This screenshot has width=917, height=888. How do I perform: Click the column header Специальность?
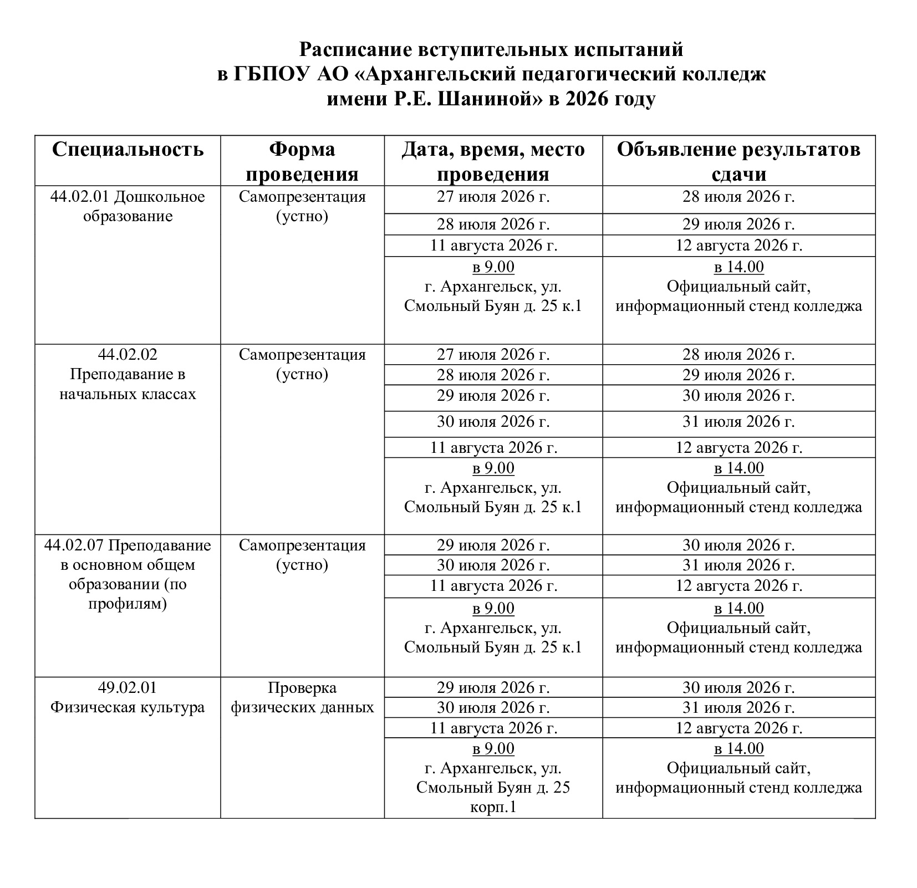128,150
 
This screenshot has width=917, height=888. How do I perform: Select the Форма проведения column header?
302,161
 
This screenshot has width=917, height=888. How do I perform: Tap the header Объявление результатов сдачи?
738,161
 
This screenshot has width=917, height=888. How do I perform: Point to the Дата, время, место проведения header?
493,161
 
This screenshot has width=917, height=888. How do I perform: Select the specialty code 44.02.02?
128,354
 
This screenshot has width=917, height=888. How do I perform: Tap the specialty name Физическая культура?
128,707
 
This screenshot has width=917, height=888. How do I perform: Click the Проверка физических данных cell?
302,697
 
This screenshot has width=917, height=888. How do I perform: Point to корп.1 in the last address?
493,807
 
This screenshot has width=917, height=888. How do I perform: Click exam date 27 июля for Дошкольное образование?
493,197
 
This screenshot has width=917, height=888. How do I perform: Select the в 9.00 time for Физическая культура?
493,748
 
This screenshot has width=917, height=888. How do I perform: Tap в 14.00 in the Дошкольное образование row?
738,267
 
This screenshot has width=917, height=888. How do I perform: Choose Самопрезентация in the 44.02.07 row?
302,545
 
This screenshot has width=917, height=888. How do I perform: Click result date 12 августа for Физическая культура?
738,728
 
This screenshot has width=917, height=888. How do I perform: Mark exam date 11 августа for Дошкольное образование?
493,246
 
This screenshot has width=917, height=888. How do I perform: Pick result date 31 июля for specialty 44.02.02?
738,422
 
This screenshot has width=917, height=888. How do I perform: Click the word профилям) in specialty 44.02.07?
128,603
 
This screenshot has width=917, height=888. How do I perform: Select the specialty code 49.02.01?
128,687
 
